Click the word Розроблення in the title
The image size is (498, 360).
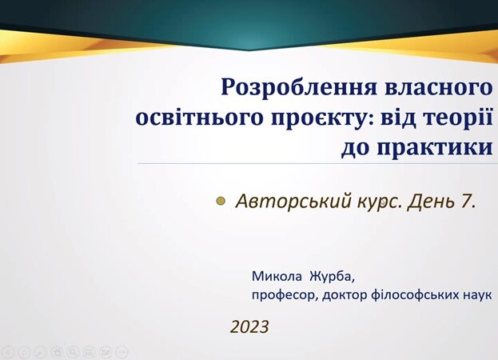(x=299, y=87)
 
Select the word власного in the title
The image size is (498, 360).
(x=438, y=86)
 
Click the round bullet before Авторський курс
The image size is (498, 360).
(x=221, y=201)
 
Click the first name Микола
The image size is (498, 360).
(x=277, y=277)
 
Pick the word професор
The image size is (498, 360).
(x=285, y=295)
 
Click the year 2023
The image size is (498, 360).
(x=249, y=326)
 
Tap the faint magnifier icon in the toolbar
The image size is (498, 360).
(x=73, y=352)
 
